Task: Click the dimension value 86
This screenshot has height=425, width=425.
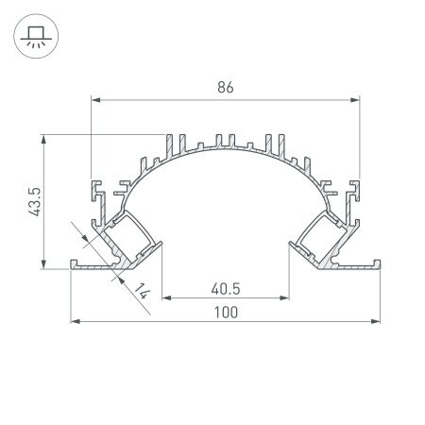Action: tap(225, 87)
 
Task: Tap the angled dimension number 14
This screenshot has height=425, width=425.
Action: tap(143, 292)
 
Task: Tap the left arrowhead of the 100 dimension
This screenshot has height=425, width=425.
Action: tap(76, 322)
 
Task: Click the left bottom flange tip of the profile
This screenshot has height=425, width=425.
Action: tap(74, 265)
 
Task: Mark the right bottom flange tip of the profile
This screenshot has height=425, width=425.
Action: tap(378, 265)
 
